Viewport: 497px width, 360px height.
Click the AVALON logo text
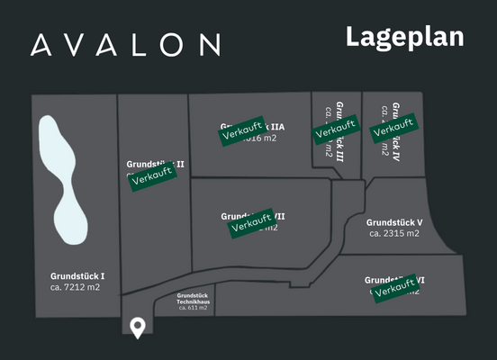pos(125,44)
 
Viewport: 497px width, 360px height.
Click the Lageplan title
pos(404,37)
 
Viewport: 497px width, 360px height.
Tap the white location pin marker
pos(138,328)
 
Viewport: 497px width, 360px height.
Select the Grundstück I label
pos(77,275)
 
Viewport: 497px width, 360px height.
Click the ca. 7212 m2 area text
pos(76,287)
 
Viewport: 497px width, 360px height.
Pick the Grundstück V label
pos(394,221)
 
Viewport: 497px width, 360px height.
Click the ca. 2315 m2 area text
pos(394,233)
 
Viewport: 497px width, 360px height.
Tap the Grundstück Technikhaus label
pos(193,298)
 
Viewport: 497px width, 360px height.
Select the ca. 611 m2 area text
pos(193,308)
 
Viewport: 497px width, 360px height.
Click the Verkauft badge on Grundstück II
pos(151,176)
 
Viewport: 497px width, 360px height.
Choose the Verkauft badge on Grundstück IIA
pos(244,130)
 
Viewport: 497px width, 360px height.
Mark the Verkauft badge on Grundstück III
pos(335,130)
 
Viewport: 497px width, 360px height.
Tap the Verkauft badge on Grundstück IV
pos(393,128)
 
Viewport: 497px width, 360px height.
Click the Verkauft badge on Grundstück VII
pos(252,222)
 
